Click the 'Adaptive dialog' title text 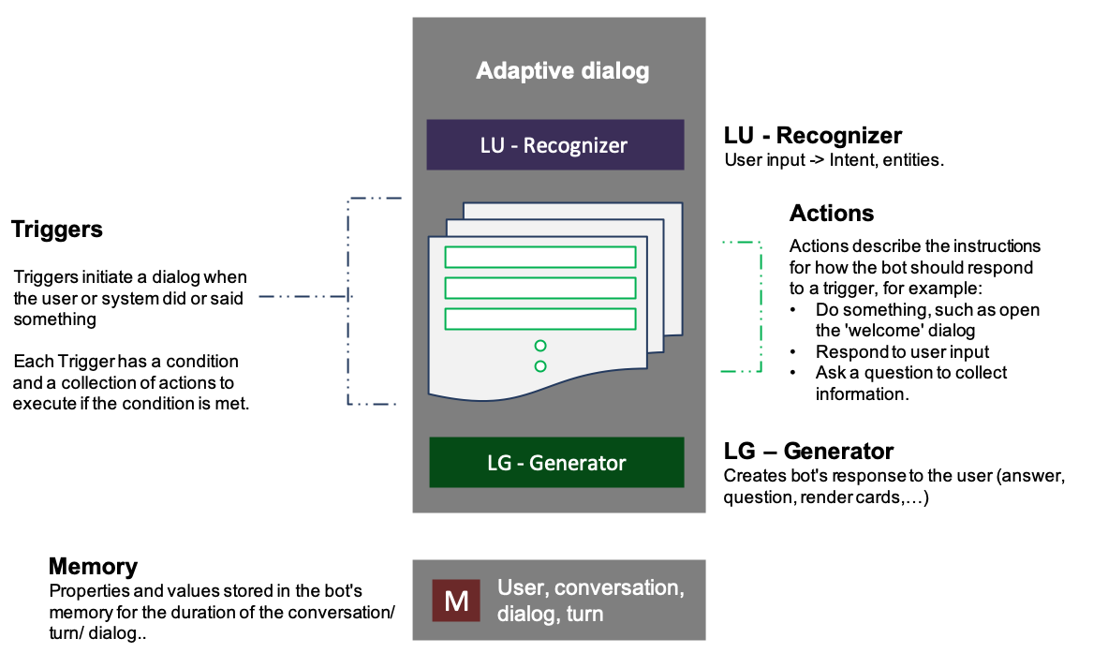(562, 71)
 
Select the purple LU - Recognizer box (556, 145)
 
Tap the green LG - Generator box (556, 462)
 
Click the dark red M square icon (455, 601)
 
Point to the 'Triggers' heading (57, 230)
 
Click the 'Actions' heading (832, 214)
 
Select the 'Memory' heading (93, 567)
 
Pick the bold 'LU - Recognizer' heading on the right (813, 136)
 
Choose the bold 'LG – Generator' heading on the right (808, 452)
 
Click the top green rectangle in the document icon (539, 257)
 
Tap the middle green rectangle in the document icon (539, 287)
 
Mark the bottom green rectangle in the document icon (539, 318)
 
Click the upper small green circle (540, 346)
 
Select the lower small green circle (540, 366)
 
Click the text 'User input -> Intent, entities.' (834, 160)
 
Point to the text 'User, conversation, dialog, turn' (590, 601)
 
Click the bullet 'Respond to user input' (902, 352)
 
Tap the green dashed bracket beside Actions (757, 307)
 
